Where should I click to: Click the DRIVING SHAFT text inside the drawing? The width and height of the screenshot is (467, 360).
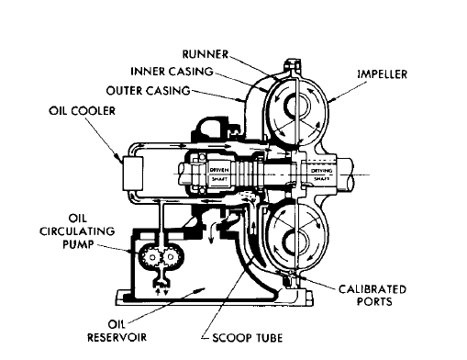click(x=320, y=171)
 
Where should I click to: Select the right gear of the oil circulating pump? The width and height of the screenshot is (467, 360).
click(x=168, y=260)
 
